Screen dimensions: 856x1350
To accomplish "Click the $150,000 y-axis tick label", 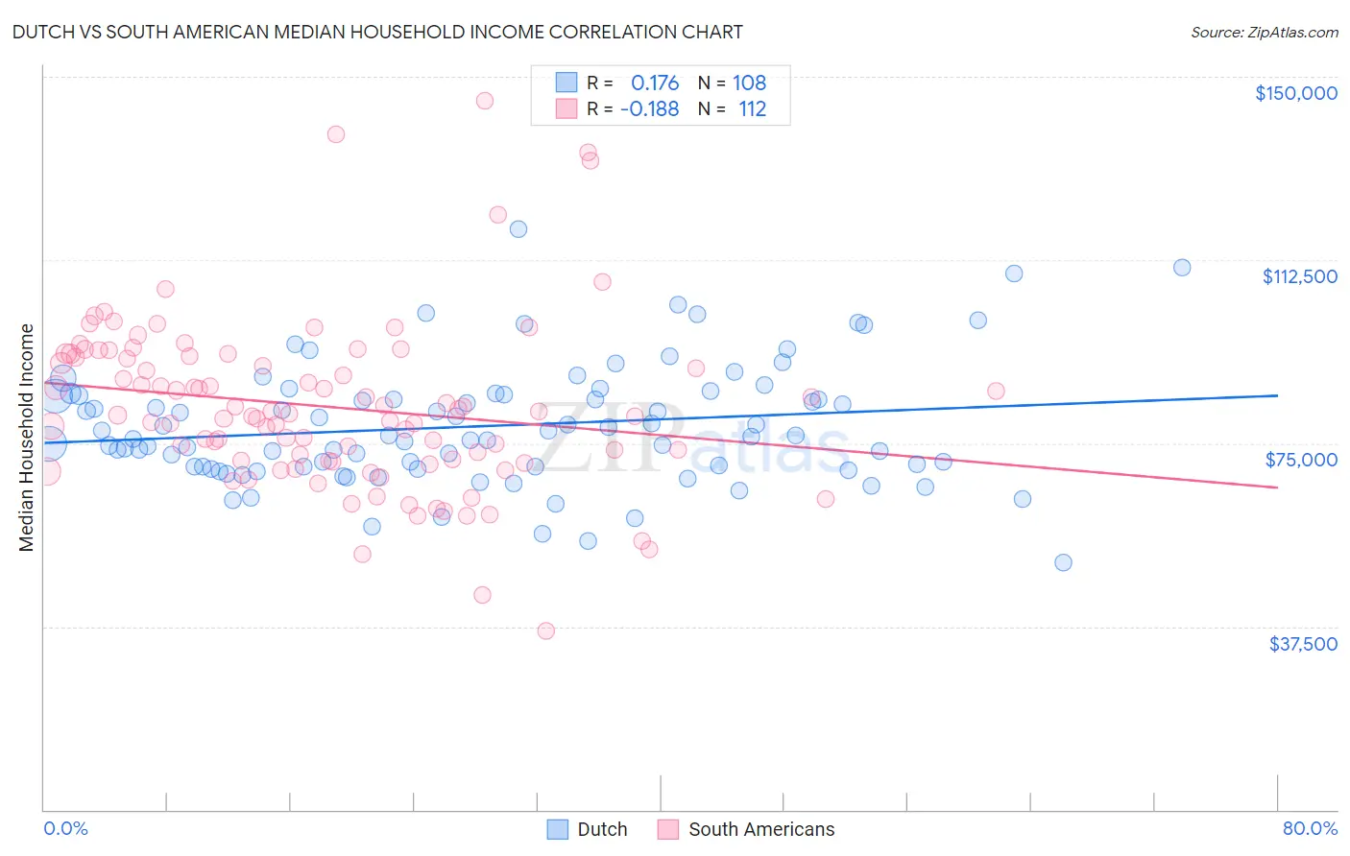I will pos(1295,93).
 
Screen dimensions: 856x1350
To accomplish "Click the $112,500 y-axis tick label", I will pos(1299,276).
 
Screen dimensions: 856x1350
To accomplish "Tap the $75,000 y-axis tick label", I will pos(1301,460).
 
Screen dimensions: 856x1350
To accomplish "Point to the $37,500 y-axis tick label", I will pos(1303,644).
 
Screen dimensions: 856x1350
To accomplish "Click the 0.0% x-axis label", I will pos(65,828).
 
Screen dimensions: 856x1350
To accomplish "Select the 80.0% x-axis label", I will pos(1310,828).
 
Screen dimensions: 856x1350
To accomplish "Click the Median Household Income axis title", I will pos(26,438).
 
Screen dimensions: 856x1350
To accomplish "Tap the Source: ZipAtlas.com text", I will pos(1264,33).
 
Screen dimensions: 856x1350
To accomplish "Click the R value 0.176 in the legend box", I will pos(654,83).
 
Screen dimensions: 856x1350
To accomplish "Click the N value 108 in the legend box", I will pos(749,83).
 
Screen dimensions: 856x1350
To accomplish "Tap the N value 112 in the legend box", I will pos(752,109).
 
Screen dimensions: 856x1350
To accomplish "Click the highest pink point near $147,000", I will pos(485,101).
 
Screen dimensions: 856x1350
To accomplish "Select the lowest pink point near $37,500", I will pos(546,630).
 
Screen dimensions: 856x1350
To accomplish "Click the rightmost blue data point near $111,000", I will pos(1182,268).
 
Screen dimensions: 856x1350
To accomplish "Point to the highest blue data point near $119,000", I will pos(518,229).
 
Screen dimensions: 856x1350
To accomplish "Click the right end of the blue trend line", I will pos(1277,395).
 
